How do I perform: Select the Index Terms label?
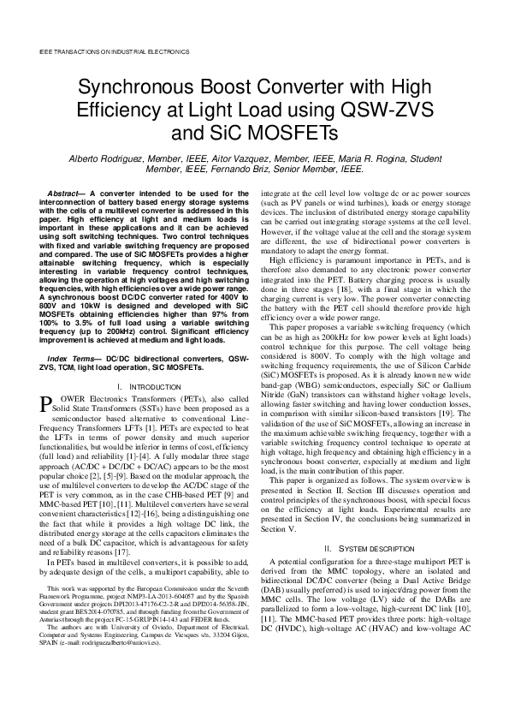pos(73,356)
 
